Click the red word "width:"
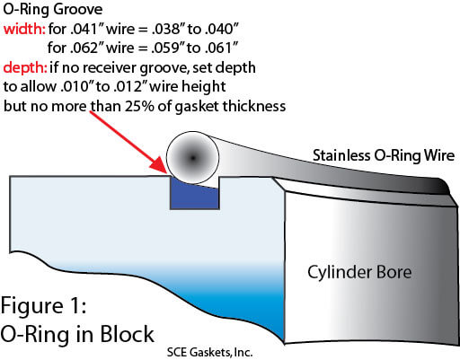click(x=24, y=30)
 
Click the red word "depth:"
click(x=25, y=67)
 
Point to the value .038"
click(x=167, y=29)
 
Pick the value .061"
click(x=221, y=48)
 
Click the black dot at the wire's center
click(x=193, y=158)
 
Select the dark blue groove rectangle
click(x=195, y=194)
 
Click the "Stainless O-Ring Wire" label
click(x=384, y=156)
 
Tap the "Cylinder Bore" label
click(x=359, y=272)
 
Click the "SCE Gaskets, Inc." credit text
click(x=209, y=352)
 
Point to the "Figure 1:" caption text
click(x=44, y=306)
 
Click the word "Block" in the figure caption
click(x=127, y=334)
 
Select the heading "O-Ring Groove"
click(x=53, y=10)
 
